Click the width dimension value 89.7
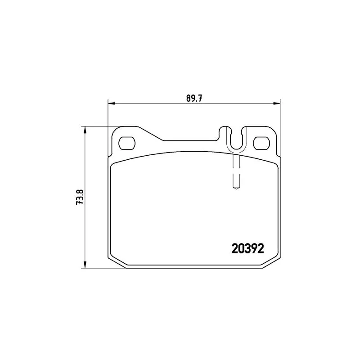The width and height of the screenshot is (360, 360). point(194,98)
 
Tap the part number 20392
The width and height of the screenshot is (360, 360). point(248,248)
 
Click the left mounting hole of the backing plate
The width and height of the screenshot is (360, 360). point(127,143)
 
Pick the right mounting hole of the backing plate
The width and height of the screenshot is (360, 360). point(261,143)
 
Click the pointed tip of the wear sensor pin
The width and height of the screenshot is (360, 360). point(236,189)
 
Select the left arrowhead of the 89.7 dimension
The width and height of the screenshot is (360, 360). point(111,103)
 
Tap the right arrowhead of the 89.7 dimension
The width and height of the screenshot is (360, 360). point(277,103)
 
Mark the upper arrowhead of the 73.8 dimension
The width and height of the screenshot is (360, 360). point(85,130)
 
